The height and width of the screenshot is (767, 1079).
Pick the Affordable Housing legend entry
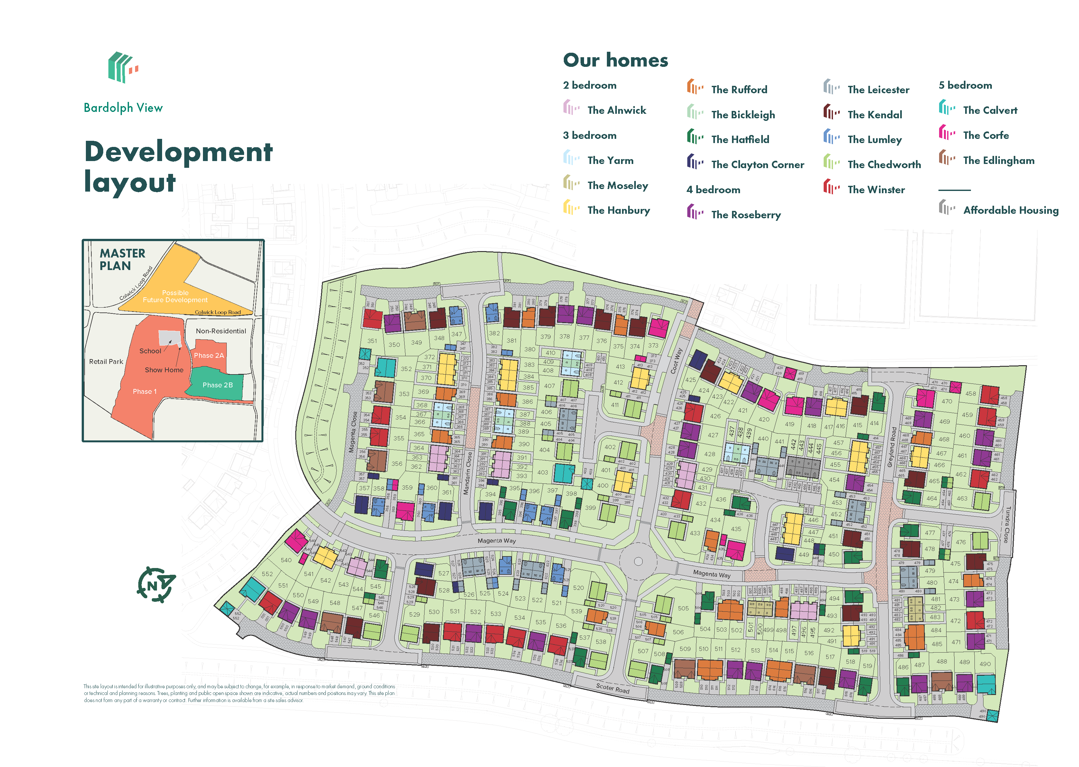(x=1010, y=210)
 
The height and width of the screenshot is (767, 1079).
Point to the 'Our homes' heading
(x=616, y=60)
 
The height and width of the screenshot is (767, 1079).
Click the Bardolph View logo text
(x=123, y=108)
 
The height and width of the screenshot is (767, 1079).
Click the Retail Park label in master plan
(x=106, y=362)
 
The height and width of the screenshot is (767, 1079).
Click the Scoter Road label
(x=612, y=688)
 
